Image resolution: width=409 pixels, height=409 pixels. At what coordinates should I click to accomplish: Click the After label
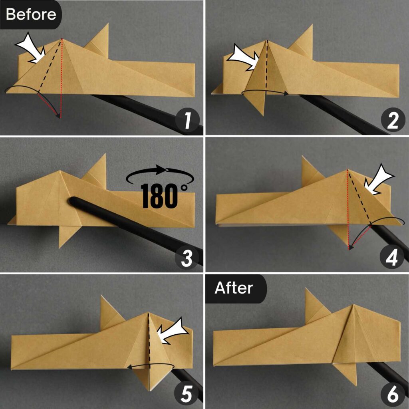[234, 288]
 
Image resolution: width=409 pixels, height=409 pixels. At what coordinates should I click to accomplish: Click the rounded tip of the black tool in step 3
[73, 201]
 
